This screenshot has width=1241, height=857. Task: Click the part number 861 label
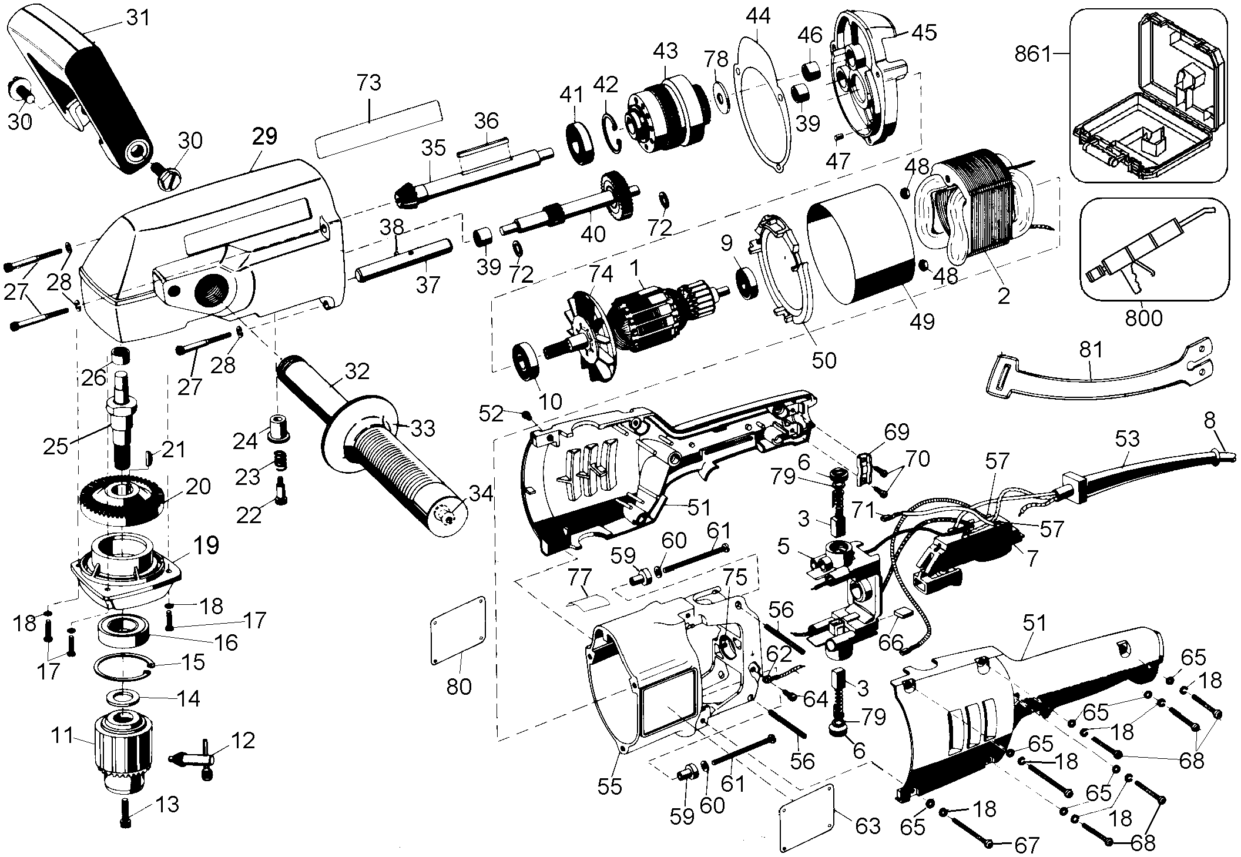tap(1032, 55)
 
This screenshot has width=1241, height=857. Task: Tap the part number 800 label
tap(1143, 318)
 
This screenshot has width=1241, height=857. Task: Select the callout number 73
tap(369, 83)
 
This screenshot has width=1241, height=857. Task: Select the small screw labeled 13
tap(126, 813)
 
